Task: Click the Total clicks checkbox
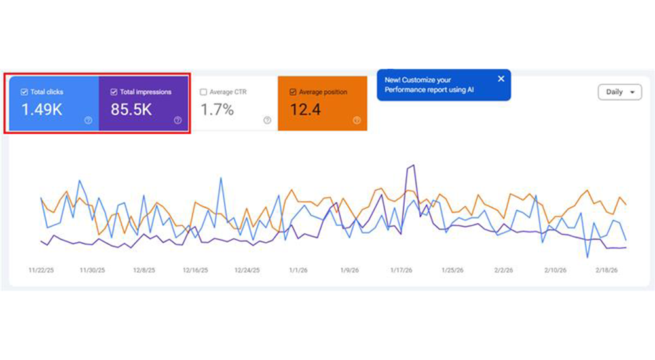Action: pyautogui.click(x=24, y=92)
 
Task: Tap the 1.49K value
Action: pyautogui.click(x=42, y=110)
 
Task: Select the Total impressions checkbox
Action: pyautogui.click(x=114, y=92)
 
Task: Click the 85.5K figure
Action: pyautogui.click(x=131, y=110)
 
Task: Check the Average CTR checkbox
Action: pyautogui.click(x=203, y=92)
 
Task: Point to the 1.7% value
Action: pyautogui.click(x=217, y=110)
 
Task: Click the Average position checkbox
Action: pyautogui.click(x=293, y=92)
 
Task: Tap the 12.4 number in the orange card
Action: pyautogui.click(x=305, y=110)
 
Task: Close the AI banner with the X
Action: pyautogui.click(x=501, y=79)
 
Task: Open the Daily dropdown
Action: pyautogui.click(x=620, y=92)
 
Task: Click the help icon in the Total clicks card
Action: pyautogui.click(x=88, y=120)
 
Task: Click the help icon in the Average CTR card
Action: pyautogui.click(x=267, y=120)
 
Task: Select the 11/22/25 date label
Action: pyautogui.click(x=41, y=270)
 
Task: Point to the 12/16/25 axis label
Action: pyautogui.click(x=195, y=270)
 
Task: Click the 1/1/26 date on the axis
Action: pyautogui.click(x=298, y=270)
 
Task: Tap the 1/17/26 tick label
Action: pyautogui.click(x=401, y=270)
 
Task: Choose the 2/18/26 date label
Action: pyautogui.click(x=607, y=270)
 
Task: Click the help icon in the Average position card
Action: pyautogui.click(x=357, y=120)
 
